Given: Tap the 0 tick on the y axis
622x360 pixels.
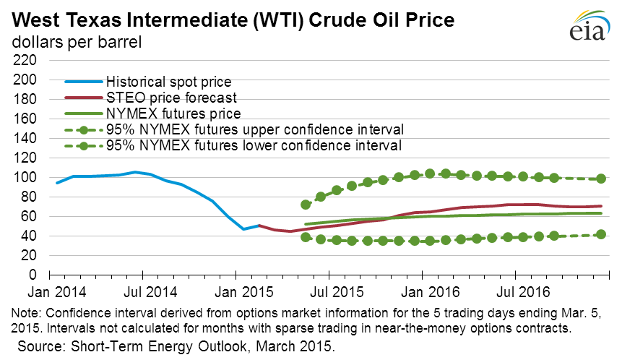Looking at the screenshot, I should click(x=31, y=275).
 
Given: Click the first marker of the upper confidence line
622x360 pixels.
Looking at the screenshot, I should click(x=306, y=205).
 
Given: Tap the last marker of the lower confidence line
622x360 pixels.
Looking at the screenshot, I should click(x=601, y=234).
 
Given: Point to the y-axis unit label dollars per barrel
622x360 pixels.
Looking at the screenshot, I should click(x=76, y=41).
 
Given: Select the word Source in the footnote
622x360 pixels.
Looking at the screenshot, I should click(x=39, y=347).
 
